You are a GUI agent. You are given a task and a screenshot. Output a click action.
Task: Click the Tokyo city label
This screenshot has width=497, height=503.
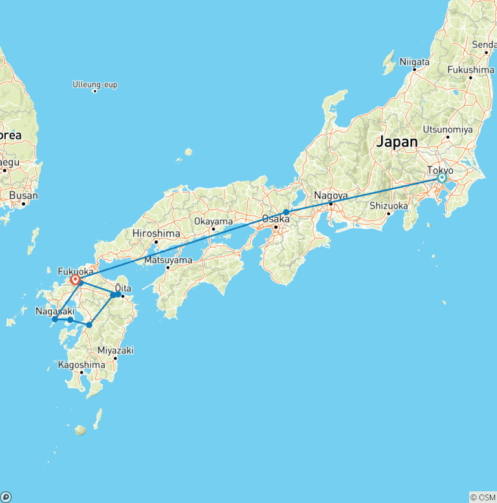(439, 170)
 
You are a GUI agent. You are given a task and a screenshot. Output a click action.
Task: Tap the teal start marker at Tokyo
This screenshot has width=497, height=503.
(442, 178)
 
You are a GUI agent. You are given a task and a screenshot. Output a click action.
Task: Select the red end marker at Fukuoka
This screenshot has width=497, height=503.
(76, 280)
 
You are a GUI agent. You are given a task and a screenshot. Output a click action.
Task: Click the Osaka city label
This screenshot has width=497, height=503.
(275, 218)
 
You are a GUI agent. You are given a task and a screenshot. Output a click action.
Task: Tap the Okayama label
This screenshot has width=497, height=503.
(213, 221)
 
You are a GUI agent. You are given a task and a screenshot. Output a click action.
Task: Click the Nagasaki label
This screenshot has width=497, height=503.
(54, 311)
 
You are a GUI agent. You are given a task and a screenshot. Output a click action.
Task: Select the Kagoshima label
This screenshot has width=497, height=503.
(82, 365)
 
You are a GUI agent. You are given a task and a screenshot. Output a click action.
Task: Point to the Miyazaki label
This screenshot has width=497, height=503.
(115, 350)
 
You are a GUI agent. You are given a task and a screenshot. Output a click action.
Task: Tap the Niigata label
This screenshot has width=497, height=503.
(414, 62)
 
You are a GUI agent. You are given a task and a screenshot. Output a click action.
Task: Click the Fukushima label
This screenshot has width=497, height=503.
(470, 69)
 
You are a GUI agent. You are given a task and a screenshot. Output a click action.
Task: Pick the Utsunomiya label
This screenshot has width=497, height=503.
(447, 129)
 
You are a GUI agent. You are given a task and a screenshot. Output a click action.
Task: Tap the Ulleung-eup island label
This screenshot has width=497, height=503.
(95, 85)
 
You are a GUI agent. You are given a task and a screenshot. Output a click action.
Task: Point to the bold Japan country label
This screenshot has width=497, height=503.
(397, 142)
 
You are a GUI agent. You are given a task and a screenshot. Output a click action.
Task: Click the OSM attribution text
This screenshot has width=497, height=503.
(483, 497)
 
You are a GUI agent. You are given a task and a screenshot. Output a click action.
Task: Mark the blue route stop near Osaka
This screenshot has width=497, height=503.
(286, 212)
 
